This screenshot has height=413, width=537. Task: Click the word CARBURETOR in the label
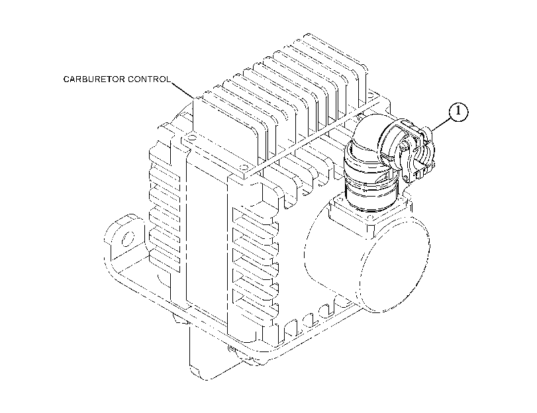[94, 79]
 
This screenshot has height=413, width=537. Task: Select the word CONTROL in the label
[149, 79]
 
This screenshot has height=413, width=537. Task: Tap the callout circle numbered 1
[459, 112]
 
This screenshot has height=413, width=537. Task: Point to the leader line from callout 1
[441, 124]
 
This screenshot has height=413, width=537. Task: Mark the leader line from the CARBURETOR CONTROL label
[183, 90]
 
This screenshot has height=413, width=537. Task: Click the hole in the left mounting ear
[127, 238]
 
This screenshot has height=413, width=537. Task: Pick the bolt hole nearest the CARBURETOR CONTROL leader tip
[191, 138]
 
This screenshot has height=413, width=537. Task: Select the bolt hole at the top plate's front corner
[244, 168]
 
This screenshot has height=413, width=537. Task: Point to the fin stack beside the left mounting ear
[164, 212]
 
